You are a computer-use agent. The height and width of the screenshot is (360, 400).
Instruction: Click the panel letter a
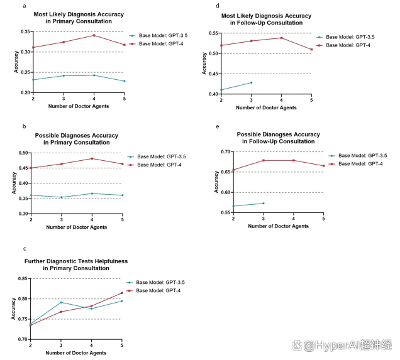25,5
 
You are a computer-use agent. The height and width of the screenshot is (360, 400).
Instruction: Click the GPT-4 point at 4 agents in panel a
94,35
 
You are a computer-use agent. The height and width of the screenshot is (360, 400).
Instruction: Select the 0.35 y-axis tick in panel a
25,31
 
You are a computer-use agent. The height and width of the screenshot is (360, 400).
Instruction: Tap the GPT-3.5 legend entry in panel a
160,36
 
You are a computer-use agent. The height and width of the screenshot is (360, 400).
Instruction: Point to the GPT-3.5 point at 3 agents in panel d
251,82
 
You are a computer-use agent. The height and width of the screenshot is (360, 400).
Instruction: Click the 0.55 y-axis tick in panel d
214,33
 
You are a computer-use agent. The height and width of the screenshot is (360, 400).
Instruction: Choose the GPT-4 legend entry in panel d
348,46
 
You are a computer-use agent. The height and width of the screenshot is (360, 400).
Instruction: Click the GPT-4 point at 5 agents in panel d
311,50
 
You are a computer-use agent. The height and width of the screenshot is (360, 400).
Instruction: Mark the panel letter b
25,126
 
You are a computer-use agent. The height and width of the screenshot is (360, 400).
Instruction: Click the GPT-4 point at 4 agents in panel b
92,158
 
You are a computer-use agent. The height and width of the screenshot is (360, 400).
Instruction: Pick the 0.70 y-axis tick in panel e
226,152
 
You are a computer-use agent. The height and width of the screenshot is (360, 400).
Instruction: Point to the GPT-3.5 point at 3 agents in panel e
263,203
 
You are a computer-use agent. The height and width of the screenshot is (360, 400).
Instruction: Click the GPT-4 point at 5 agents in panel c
122,293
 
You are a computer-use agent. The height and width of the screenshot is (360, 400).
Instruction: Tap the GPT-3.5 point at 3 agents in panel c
62,302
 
